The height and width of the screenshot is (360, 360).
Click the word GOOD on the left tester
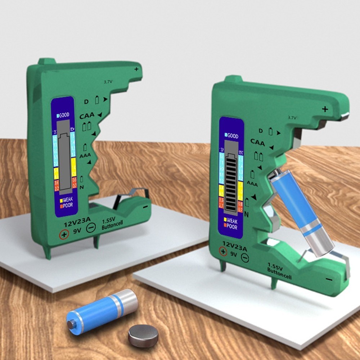click(63, 115)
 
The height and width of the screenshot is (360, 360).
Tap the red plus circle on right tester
click(223, 251)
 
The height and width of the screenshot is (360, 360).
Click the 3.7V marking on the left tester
click(108, 82)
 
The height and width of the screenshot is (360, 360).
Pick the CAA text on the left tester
click(87, 116)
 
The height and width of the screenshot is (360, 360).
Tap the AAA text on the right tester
click(252, 184)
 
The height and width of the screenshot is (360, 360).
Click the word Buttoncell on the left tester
click(112, 227)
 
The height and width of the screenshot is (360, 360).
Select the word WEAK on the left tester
click(68, 200)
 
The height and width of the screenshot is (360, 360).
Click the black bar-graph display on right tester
click(230, 184)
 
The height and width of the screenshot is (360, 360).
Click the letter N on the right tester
click(247, 214)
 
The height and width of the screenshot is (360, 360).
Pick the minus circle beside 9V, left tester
click(91, 228)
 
